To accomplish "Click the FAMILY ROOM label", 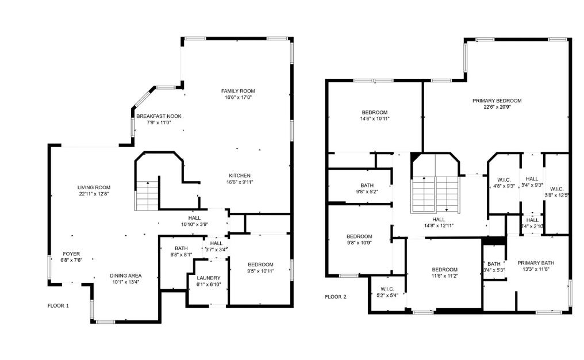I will tap(238, 91).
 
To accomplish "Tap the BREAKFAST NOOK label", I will tap(159, 116).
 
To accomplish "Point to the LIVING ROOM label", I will tap(94, 187).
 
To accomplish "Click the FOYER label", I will tap(71, 254).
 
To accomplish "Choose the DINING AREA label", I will tap(125, 275).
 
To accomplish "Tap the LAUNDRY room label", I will tap(208, 278).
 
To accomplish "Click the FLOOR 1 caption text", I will tap(58, 306).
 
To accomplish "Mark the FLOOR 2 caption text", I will tap(336, 297).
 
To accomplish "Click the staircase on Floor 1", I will tap(147, 196).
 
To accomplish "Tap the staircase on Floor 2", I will tap(435, 193).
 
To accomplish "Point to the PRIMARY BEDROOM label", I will tap(497, 101).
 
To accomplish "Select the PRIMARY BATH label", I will tap(531, 263).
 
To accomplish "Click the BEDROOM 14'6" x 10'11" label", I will tap(374, 112).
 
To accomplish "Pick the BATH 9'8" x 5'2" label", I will tap(367, 185).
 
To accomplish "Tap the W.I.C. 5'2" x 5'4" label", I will tap(386, 289).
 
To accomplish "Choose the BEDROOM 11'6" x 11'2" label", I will tap(444, 270).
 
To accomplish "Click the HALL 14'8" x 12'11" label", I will tap(439, 219).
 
